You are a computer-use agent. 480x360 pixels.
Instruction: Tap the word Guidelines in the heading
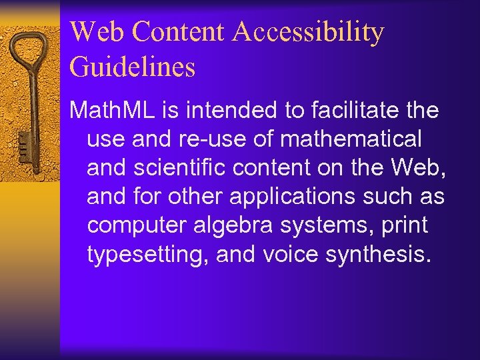coord(132,67)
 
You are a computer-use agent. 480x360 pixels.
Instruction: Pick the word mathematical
coord(351,139)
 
